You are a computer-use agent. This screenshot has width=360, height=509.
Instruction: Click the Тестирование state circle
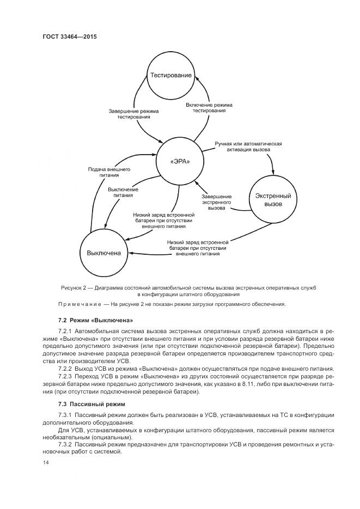pos(171,76)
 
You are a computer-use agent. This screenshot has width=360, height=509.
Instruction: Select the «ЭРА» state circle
pos(180,161)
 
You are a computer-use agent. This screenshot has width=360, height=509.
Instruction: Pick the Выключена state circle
pos(103,253)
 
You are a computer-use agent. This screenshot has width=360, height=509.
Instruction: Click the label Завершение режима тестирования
pos(133,113)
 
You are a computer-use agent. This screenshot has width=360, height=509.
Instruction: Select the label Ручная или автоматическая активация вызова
pos(248,148)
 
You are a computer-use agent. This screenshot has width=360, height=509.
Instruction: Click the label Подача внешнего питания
pos(109,173)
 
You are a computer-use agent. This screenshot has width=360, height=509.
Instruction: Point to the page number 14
pos(45,462)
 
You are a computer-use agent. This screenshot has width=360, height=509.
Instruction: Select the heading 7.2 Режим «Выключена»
pos(95,319)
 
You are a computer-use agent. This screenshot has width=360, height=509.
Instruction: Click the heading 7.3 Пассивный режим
pos(91,404)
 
